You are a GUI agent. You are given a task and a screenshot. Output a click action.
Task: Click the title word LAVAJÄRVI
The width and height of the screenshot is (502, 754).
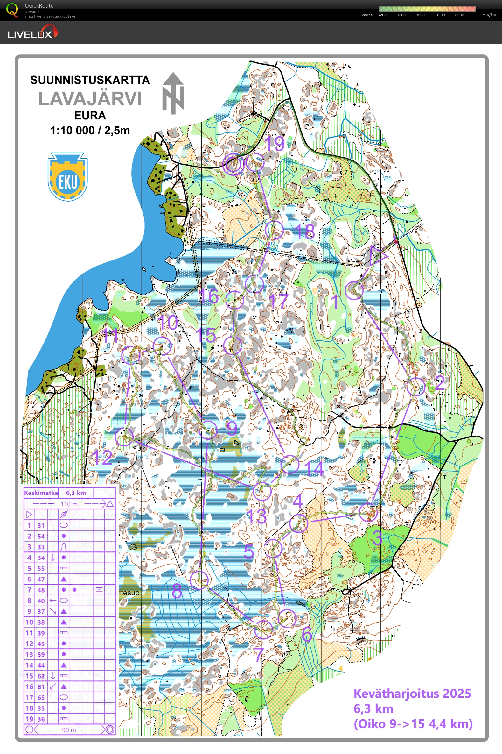(x=90, y=99)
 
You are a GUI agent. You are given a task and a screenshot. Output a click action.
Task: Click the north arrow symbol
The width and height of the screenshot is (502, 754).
(x=173, y=93)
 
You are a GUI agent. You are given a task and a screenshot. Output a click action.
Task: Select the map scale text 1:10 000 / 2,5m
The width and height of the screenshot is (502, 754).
(x=90, y=131)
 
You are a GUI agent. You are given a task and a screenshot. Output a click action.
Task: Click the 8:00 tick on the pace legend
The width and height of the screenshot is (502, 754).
(x=420, y=15)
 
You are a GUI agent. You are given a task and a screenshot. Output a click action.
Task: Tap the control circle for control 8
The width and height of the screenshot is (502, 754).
(x=199, y=580)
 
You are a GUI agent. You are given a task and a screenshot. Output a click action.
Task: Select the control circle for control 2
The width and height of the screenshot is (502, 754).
(x=416, y=387)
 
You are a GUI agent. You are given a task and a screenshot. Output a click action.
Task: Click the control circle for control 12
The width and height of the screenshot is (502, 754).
(x=124, y=437)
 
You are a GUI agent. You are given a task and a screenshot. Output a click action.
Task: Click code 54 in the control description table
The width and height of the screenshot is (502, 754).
(x=41, y=536)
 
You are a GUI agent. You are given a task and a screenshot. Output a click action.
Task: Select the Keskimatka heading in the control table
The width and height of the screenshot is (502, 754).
(x=41, y=493)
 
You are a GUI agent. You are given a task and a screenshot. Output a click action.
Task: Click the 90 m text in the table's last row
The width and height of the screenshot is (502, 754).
(x=69, y=730)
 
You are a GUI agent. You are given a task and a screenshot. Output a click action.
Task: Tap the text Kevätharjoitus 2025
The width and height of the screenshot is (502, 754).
(x=412, y=694)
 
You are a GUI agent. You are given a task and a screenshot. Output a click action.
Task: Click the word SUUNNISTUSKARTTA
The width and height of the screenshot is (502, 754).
(x=90, y=80)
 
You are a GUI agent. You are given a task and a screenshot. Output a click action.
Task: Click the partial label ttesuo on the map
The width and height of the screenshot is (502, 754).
(x=129, y=593)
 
